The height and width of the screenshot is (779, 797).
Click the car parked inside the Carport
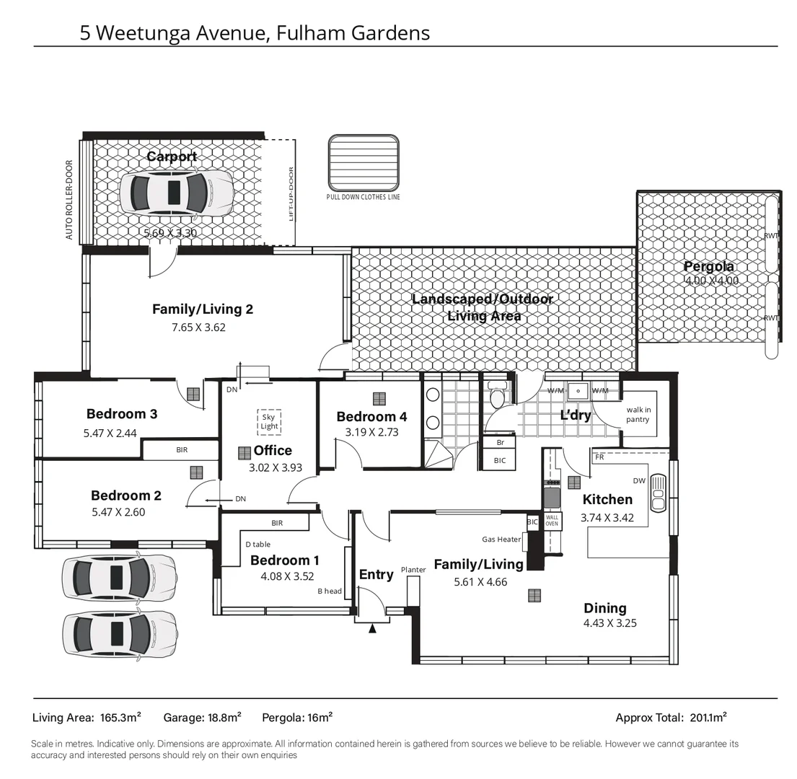[x=176, y=193]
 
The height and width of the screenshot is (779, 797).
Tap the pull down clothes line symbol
[x=363, y=162]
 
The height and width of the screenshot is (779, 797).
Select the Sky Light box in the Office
[x=268, y=422]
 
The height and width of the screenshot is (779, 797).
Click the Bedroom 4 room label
[x=371, y=416]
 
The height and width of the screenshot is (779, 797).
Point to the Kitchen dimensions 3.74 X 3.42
[x=607, y=517]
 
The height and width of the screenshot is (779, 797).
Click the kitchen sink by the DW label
[x=659, y=493]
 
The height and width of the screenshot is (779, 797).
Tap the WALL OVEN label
[x=552, y=521]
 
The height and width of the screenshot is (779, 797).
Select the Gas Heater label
[x=501, y=539]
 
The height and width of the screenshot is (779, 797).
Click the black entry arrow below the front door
[x=372, y=628]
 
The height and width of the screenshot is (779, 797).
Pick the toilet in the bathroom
[x=497, y=397]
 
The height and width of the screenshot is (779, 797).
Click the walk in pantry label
[x=638, y=415]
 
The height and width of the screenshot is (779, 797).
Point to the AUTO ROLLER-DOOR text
[x=69, y=200]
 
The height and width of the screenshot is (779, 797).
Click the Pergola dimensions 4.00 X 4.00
[x=710, y=281]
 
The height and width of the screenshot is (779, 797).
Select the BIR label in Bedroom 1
[x=277, y=523]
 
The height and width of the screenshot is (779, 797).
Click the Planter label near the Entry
[x=413, y=570]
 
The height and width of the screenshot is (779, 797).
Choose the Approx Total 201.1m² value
[x=708, y=717]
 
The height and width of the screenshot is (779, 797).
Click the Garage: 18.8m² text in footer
[x=202, y=717]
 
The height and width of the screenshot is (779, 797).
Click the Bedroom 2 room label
[x=126, y=496]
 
